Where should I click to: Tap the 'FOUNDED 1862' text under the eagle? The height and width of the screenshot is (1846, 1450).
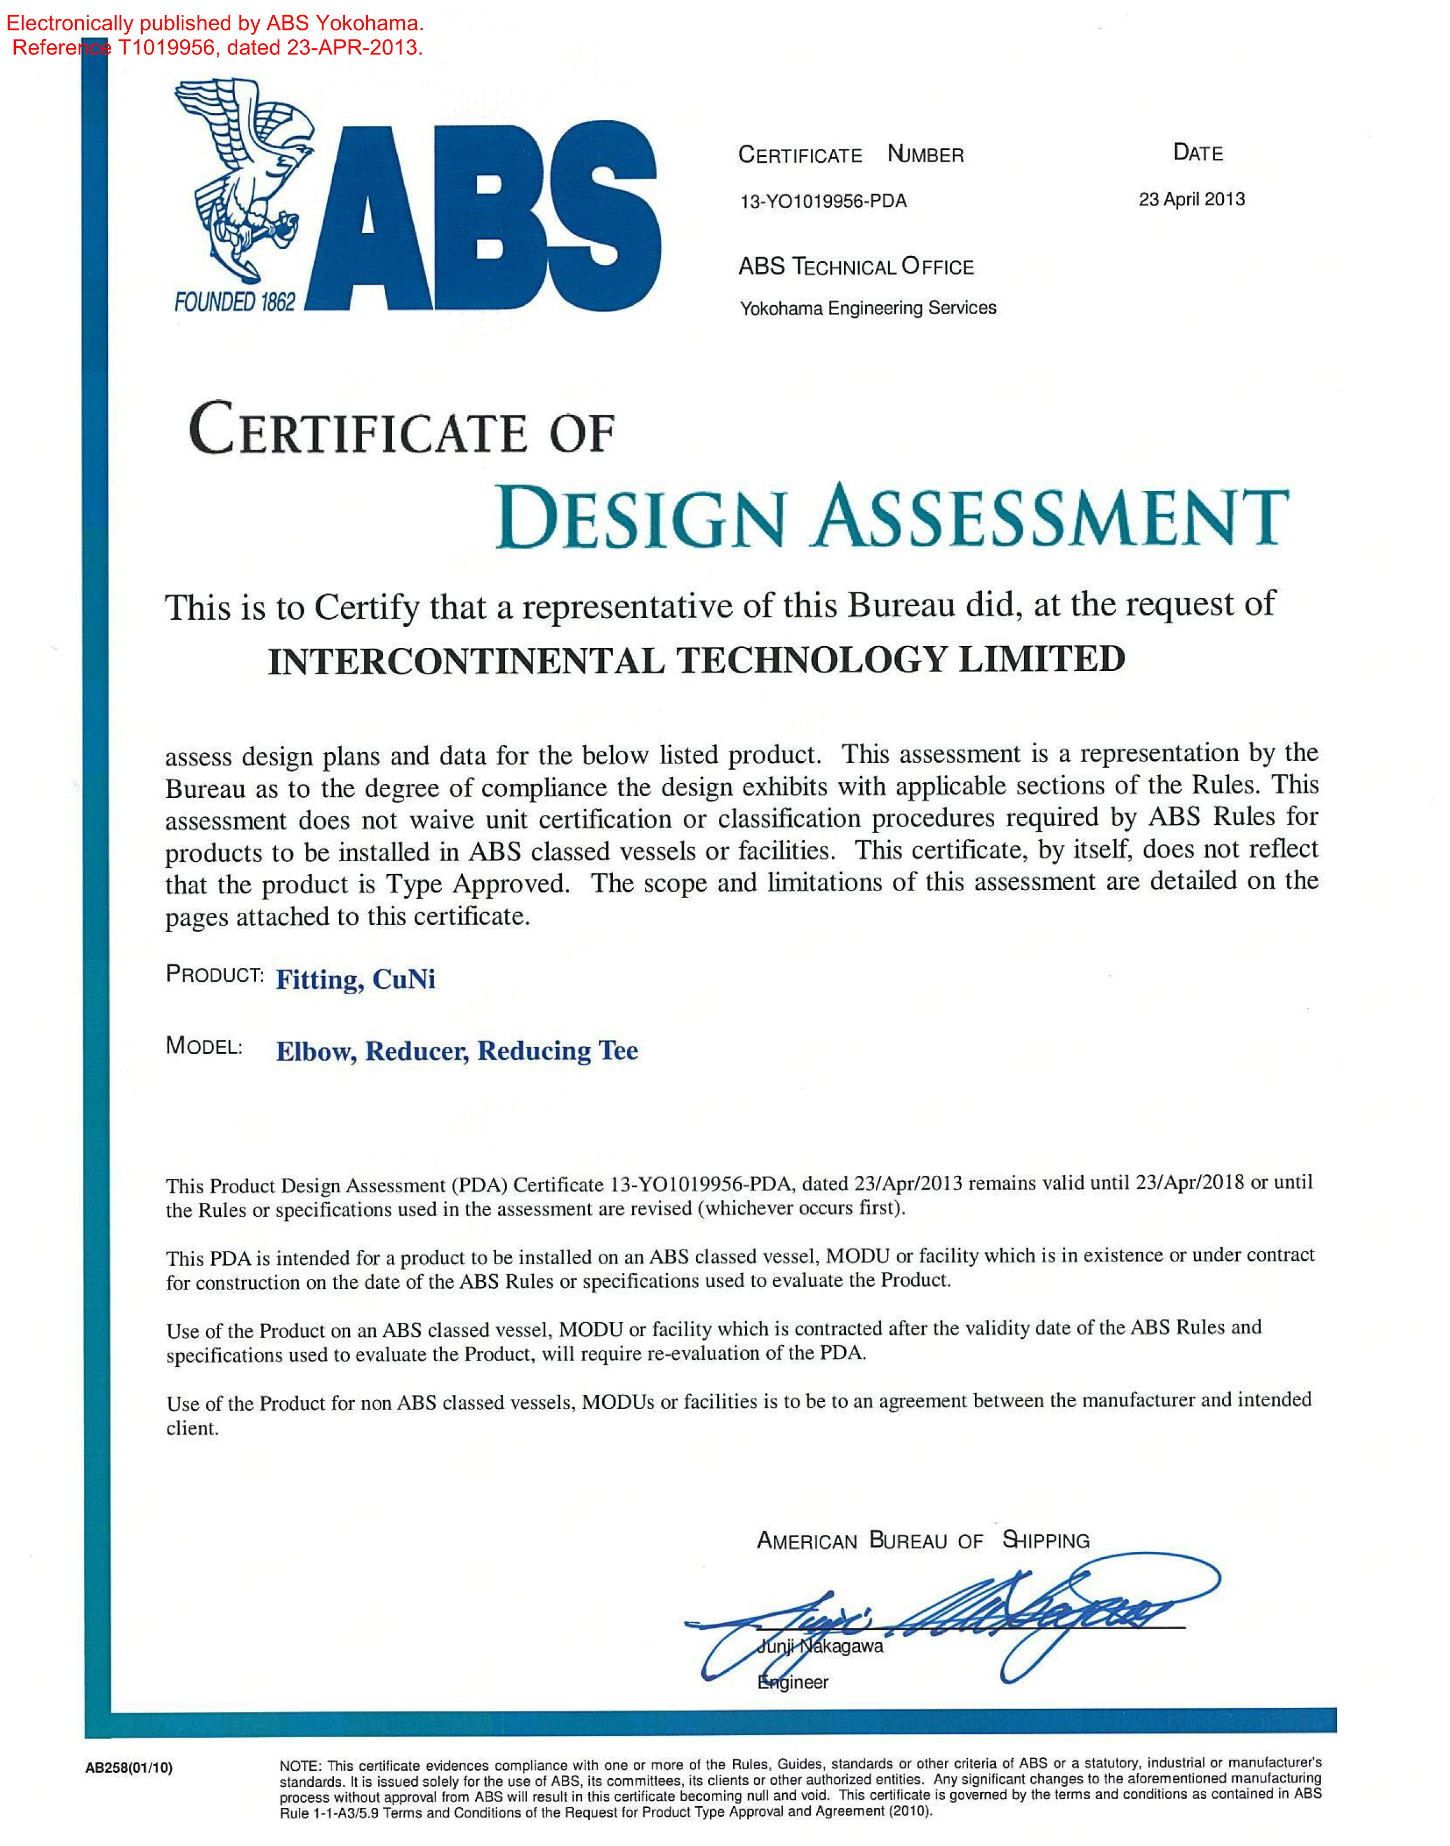pos(234,302)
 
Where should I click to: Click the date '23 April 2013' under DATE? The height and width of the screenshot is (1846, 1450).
pos(1191,199)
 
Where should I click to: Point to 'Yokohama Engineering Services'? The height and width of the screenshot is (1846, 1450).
pos(868,308)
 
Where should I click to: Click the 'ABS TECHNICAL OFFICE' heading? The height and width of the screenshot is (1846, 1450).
pos(856,267)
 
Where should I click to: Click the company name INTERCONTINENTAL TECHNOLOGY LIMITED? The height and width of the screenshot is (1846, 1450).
pos(696,660)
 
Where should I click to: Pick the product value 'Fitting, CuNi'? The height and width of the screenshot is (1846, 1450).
pos(355,980)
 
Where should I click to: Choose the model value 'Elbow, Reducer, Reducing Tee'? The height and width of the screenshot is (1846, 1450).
pos(457,1051)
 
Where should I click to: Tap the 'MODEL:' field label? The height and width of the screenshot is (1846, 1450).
pos(204,1046)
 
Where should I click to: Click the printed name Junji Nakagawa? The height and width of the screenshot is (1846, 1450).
pos(820,1647)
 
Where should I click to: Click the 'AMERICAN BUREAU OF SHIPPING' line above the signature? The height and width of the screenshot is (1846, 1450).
pos(923,1540)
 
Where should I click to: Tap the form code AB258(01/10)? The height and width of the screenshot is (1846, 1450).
pos(128,1768)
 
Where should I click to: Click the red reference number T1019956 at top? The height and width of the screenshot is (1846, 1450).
pos(166,47)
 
